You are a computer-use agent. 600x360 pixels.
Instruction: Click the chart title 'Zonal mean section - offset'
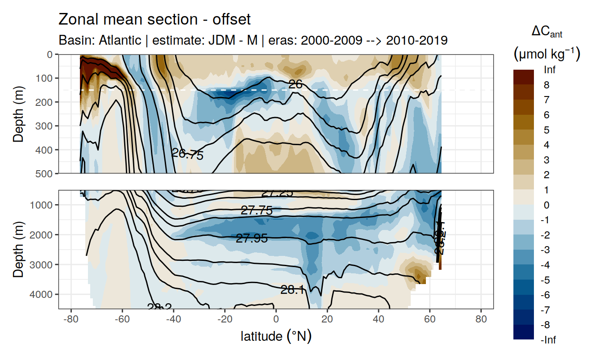click(x=154, y=20)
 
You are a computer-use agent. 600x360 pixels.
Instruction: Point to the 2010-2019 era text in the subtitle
click(x=417, y=41)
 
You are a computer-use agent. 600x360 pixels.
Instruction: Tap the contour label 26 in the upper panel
click(x=296, y=84)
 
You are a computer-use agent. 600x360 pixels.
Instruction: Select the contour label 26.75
click(x=187, y=155)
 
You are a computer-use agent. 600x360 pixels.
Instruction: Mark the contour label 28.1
click(x=292, y=290)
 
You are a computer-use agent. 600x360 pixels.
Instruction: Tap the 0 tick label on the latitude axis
click(x=276, y=320)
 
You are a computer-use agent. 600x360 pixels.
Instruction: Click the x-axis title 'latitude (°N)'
click(x=276, y=336)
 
